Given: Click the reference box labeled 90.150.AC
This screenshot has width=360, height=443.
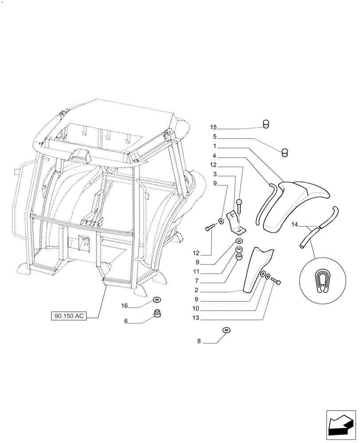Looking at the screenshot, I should tap(68, 316).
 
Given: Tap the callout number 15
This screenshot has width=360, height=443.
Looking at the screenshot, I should tap(214, 128).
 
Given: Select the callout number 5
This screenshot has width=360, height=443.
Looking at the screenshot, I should tap(215, 137).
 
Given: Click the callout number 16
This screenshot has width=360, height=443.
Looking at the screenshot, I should tap(125, 306).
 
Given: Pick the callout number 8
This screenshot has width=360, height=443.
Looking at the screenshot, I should tap(199, 342).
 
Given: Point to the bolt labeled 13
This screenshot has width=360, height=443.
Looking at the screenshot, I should tap(275, 281).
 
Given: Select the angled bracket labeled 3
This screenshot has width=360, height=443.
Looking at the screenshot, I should tap(235, 222).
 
